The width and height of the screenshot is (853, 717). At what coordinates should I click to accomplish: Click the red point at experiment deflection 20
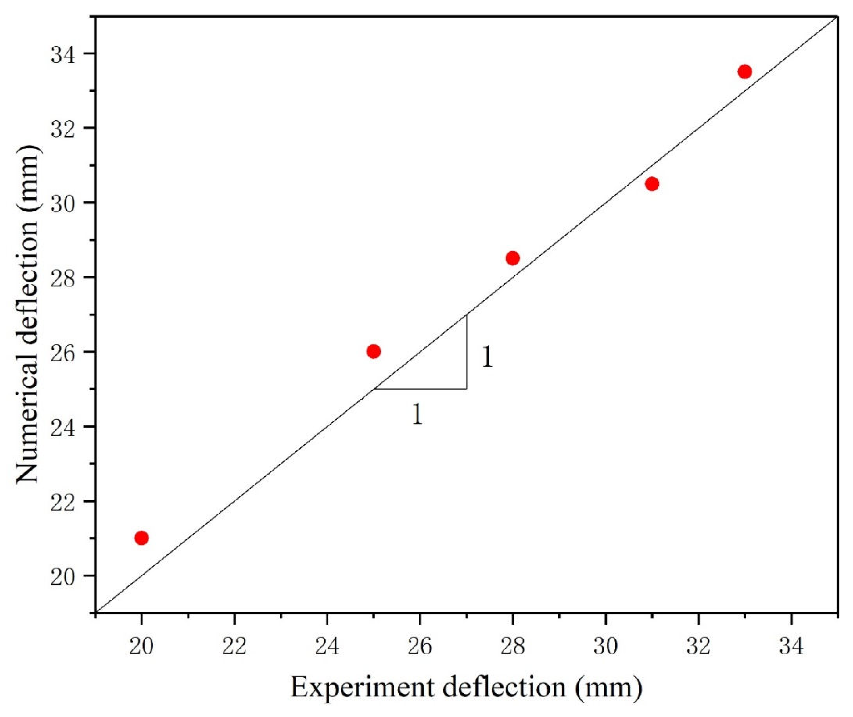(x=141, y=538)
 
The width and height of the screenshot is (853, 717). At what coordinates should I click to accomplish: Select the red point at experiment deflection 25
(x=373, y=351)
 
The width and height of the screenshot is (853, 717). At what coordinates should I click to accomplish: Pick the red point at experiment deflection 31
(x=652, y=184)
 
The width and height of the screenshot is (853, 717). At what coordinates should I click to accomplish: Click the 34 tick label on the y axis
(x=63, y=55)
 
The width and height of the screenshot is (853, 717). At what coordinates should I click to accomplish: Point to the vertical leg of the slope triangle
(x=466, y=352)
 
